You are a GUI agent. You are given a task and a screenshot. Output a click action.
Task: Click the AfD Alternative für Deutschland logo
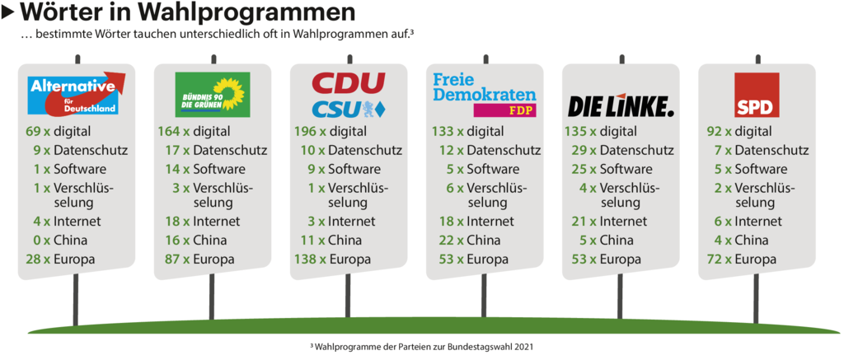point(77,94)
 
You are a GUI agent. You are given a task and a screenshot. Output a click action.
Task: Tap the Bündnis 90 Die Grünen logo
point(213,95)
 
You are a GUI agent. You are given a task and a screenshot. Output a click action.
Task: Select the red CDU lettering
point(348,83)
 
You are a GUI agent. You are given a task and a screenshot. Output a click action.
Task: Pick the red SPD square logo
point(757,96)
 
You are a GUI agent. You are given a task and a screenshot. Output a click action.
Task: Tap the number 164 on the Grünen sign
point(169,132)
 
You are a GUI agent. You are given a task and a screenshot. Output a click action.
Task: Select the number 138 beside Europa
point(305,259)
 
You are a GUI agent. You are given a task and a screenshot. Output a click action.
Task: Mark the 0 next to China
point(37,241)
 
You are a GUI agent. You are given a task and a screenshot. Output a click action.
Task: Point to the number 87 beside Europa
point(173,259)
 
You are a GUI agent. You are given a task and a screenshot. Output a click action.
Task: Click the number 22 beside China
point(445,241)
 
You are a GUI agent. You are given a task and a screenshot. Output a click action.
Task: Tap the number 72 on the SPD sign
point(717,259)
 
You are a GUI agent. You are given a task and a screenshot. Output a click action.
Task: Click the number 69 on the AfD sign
point(34,132)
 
